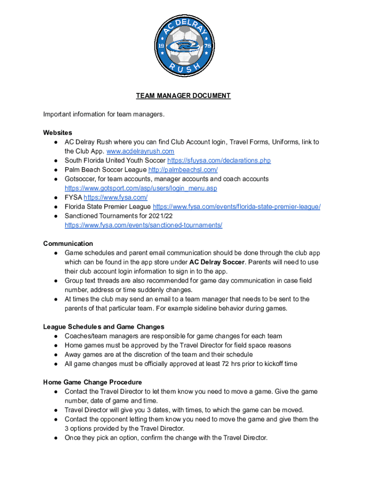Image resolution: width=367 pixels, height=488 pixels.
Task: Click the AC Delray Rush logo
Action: [183, 47]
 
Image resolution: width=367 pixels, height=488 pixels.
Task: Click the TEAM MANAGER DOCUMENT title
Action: [183, 96]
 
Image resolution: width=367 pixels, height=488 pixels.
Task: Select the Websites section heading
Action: [58, 132]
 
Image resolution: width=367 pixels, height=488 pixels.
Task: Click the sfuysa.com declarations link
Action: [219, 161]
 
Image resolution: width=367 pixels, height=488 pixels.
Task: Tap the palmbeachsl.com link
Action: [183, 170]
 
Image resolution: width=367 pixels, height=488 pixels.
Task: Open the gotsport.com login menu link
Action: [141, 188]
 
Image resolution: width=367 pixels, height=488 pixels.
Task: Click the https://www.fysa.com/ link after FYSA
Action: [115, 197]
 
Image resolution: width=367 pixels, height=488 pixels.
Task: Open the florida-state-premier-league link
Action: [236, 207]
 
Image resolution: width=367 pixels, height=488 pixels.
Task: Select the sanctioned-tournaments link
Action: [143, 225]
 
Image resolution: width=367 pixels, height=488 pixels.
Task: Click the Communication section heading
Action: [68, 244]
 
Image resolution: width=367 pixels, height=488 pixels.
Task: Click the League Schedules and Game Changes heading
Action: [103, 327]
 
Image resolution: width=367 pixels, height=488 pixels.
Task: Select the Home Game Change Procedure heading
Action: [93, 382]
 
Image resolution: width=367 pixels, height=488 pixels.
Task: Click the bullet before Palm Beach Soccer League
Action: [56, 170]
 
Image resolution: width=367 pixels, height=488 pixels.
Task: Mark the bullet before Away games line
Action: [56, 355]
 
